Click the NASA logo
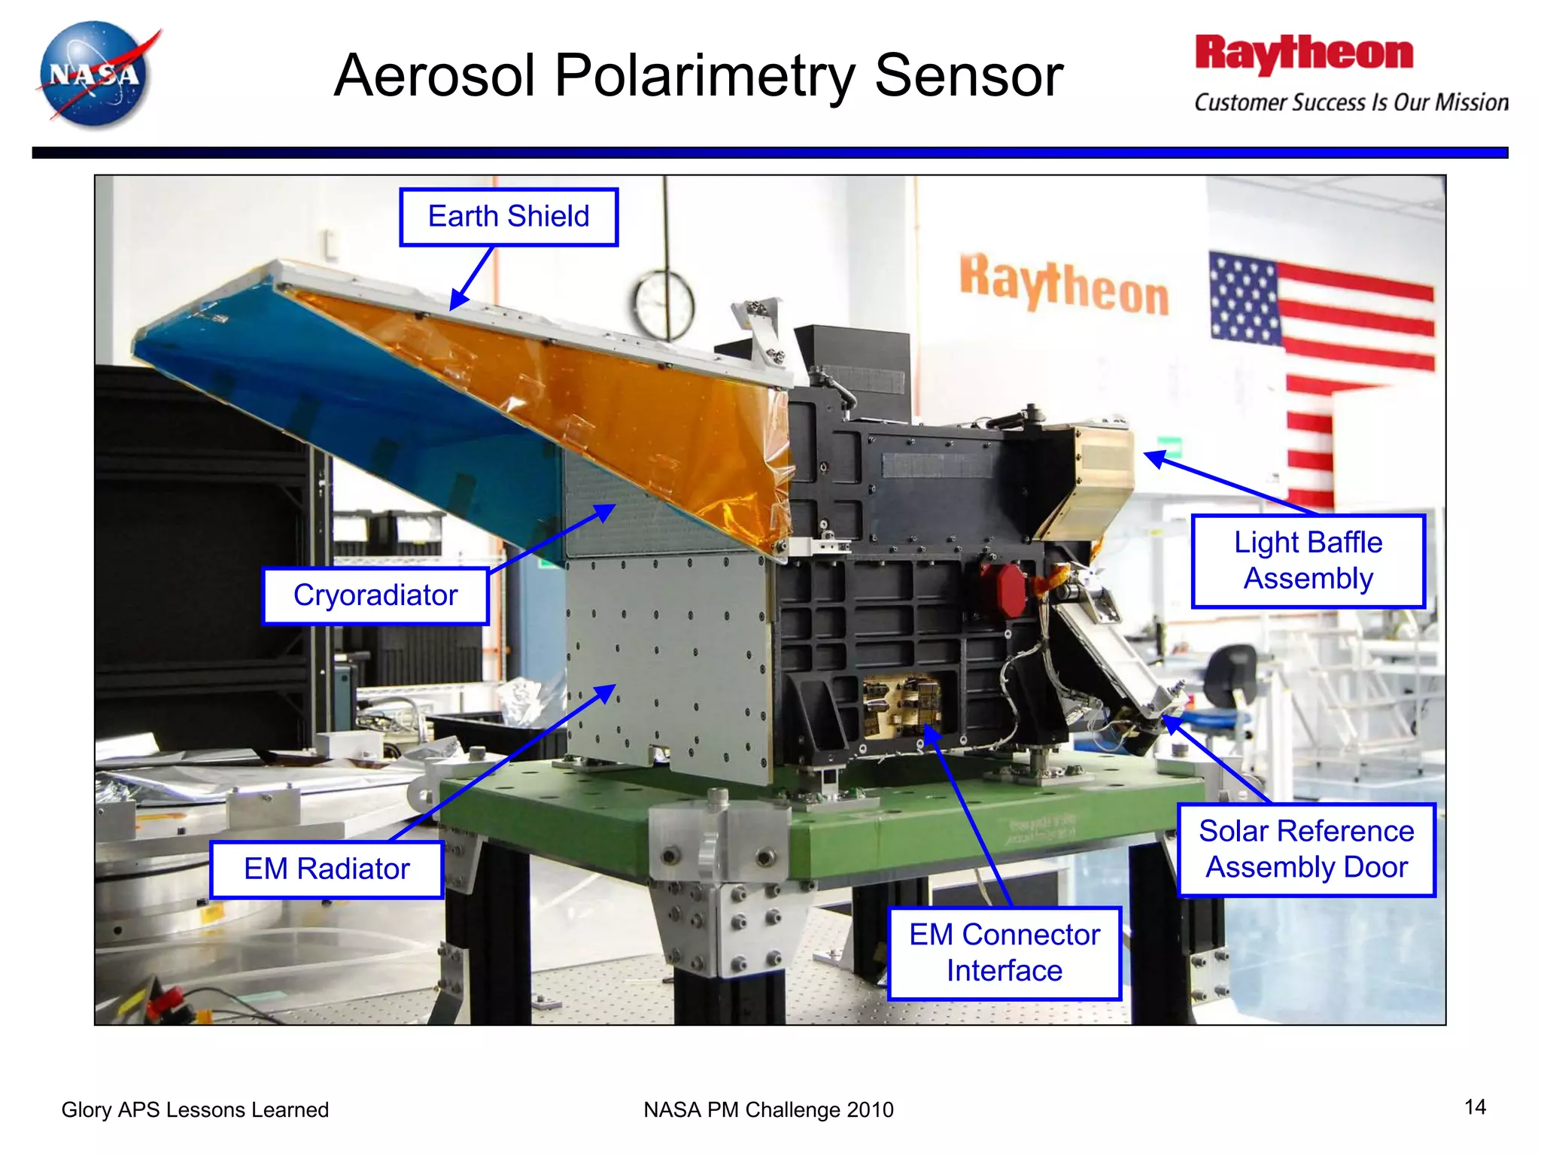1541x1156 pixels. pos(96,75)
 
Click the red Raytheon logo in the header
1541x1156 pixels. pos(1304,54)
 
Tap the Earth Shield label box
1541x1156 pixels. pos(509,217)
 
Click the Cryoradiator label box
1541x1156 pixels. pos(375,595)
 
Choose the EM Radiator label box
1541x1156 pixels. pos(327,869)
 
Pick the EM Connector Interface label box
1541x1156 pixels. pos(1004,953)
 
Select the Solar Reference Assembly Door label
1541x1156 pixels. pos(1306,850)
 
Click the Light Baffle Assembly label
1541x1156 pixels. pos(1308,561)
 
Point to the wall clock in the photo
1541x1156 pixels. pos(664,305)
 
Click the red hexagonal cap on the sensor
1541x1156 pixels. pos(1003,589)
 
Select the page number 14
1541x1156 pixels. pos(1475,1107)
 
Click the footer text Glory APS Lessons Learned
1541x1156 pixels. pos(195,1109)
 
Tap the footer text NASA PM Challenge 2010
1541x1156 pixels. pos(768,1109)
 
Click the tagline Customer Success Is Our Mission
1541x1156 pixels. pos(1351,102)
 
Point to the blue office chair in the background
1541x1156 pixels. pos(1231,681)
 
